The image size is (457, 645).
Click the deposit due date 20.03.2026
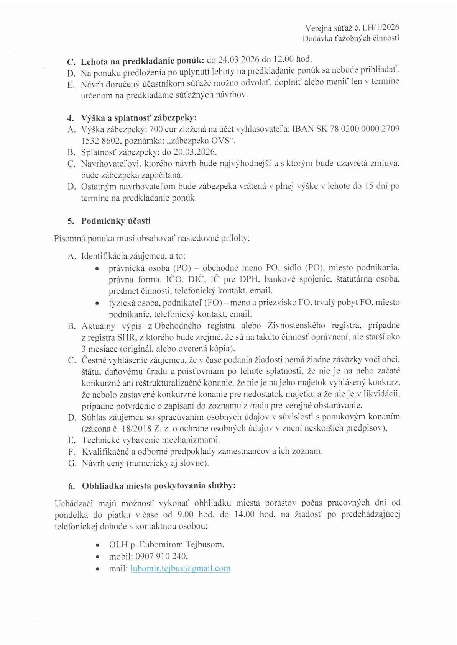195,152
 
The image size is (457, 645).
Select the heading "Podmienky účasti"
116,221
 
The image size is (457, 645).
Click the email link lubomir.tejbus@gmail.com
180,568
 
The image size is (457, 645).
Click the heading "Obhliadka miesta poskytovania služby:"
159,486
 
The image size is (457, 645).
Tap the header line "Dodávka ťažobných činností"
351,38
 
